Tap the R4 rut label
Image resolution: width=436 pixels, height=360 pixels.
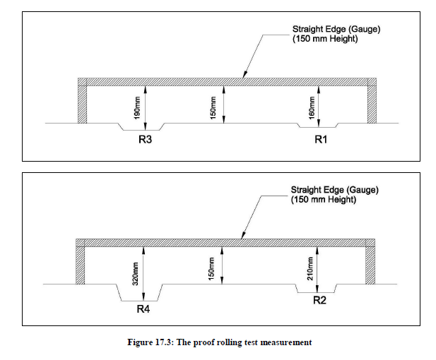point(144,309)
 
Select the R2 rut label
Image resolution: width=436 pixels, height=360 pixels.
point(320,300)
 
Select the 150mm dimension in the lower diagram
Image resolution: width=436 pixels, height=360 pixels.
point(212,268)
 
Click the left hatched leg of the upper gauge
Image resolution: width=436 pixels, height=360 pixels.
point(82,103)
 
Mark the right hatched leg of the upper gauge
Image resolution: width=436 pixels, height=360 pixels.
point(372,103)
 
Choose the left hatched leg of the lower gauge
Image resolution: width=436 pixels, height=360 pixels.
point(81,264)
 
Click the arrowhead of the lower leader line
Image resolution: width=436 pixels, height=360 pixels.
point(242,238)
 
